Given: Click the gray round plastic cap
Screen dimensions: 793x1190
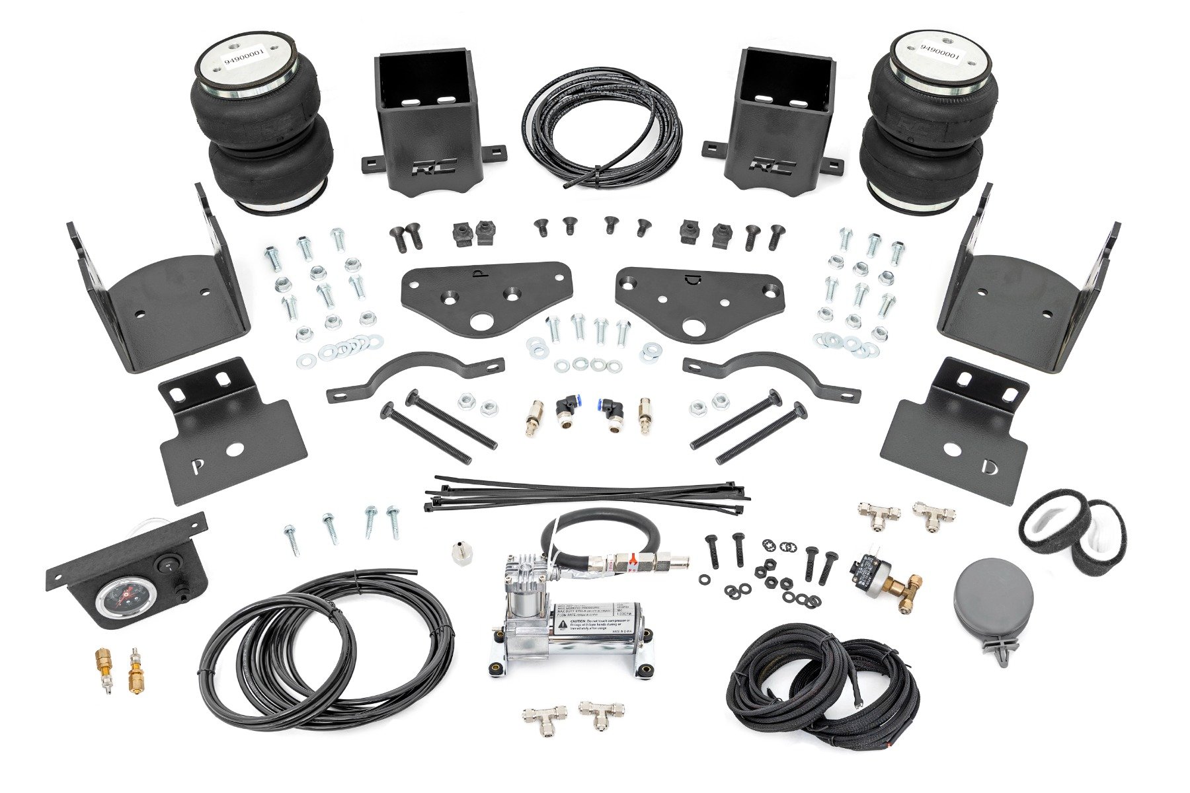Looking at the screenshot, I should [x=984, y=601].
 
